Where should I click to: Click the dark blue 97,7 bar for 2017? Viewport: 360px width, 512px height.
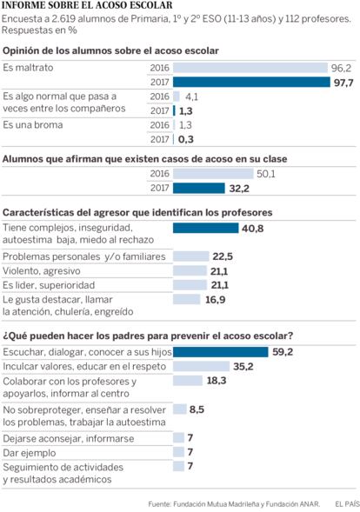(251, 82)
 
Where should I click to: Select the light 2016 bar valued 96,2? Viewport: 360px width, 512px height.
(250, 68)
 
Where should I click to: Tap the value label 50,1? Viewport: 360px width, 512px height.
(266, 174)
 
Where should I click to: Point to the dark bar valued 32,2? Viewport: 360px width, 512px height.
(199, 188)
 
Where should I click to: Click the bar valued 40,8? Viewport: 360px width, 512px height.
(206, 228)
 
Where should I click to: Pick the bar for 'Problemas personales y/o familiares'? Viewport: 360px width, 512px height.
(191, 256)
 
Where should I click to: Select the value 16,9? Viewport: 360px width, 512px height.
(216, 300)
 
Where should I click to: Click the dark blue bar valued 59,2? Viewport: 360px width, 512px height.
(221, 352)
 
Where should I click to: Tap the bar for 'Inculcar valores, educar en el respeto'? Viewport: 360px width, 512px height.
(201, 366)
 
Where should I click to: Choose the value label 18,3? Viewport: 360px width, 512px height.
(217, 381)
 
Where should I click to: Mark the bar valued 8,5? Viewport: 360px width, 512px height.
(180, 409)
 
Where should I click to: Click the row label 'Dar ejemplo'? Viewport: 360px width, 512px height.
(30, 453)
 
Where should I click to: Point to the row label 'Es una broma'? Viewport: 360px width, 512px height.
(33, 124)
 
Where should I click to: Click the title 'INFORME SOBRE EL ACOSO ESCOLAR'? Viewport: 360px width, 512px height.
(87, 5)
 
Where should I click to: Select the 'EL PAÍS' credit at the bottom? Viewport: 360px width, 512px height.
(347, 504)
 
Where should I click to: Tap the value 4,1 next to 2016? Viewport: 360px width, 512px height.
(192, 96)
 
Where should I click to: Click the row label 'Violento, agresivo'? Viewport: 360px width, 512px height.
(42, 271)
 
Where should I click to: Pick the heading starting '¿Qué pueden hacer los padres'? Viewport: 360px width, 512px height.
(148, 336)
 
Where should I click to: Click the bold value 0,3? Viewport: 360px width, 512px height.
(186, 139)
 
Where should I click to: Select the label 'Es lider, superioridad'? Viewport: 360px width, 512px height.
(49, 285)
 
